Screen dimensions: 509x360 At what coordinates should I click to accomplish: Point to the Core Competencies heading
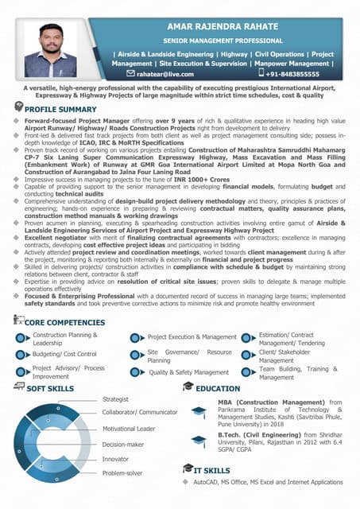point(64,323)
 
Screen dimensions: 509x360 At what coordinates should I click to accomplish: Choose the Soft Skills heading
point(51,388)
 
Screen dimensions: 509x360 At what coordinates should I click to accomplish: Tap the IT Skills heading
point(211,470)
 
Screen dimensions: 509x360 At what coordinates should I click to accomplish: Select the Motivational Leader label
point(129,429)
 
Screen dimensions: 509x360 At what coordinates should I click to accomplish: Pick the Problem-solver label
point(122,473)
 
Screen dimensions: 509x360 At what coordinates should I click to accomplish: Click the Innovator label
point(115,459)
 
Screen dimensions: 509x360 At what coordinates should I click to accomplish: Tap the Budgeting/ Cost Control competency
point(64,354)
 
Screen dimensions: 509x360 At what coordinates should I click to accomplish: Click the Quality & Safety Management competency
point(188,372)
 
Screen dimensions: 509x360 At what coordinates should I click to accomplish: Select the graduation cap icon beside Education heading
point(188,387)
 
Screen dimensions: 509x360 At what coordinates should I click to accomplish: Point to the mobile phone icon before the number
point(261,73)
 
